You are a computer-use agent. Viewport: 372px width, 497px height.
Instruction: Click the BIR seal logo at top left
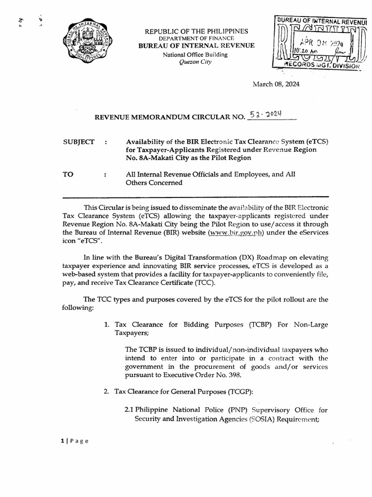click(87, 41)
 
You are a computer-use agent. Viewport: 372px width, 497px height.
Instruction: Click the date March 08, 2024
click(276, 84)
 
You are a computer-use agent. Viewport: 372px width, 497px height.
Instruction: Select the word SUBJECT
click(79, 142)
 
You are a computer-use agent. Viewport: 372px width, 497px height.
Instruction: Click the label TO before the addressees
click(68, 174)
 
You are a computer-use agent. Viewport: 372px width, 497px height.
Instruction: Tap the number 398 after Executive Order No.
click(229, 375)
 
